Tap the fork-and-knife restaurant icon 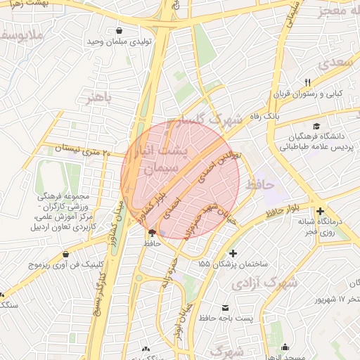pos(307,82)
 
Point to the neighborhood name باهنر pos(99,98)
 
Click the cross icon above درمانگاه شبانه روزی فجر pos(320,211)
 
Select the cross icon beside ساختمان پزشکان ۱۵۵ pos(233,253)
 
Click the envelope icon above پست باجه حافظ pos(225,307)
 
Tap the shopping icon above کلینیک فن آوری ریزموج pos(65,254)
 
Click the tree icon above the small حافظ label pos(153,233)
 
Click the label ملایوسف pos(22,34)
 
